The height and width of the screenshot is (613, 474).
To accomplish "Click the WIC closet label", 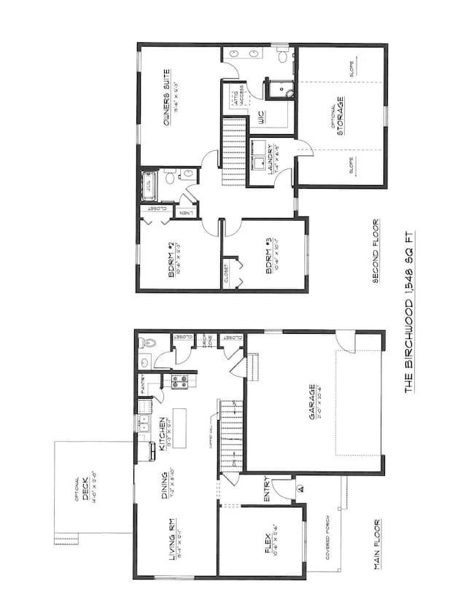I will pyautogui.click(x=256, y=117).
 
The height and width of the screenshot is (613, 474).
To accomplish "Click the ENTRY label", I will pyautogui.click(x=268, y=489).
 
